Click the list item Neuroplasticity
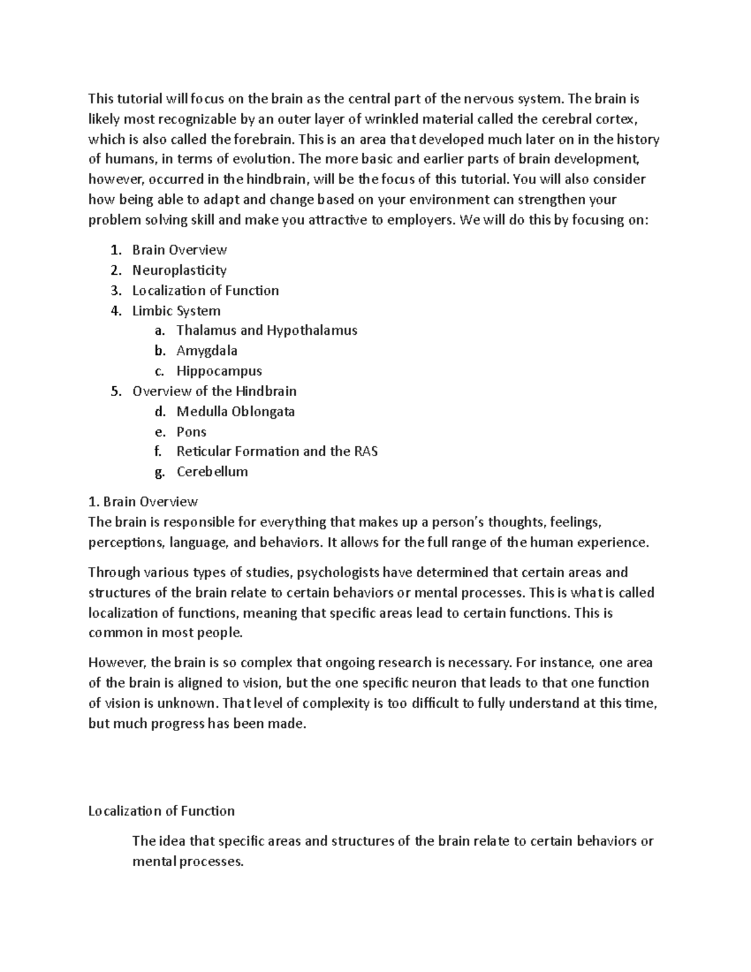[179, 270]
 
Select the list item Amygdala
[207, 350]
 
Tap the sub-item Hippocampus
[218, 371]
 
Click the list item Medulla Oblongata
[235, 411]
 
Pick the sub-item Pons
[191, 431]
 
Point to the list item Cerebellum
[212, 471]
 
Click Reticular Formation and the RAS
[277, 451]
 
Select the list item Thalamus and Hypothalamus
[267, 330]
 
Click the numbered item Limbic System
[176, 310]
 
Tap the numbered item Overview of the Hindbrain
[214, 391]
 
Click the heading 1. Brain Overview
[143, 501]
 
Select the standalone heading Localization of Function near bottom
[161, 811]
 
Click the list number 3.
[115, 290]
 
